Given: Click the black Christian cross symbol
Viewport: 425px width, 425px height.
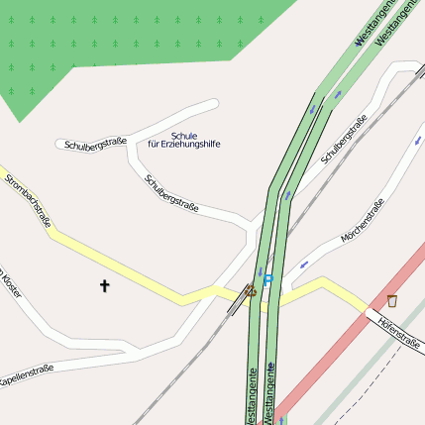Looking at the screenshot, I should pyautogui.click(x=105, y=285).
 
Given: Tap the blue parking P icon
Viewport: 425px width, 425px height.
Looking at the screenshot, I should pyautogui.click(x=267, y=281).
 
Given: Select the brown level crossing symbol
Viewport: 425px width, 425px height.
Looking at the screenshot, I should pyautogui.click(x=251, y=291).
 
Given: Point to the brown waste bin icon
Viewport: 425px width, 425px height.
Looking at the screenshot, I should pyautogui.click(x=392, y=300).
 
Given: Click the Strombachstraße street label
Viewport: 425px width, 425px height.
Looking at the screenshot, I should pyautogui.click(x=28, y=201).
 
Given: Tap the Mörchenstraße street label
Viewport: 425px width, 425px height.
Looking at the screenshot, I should pyautogui.click(x=362, y=223).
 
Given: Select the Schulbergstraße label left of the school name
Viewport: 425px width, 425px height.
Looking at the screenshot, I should pyautogui.click(x=95, y=144).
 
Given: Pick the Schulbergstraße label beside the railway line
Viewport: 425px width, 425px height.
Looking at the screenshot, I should pyautogui.click(x=344, y=139).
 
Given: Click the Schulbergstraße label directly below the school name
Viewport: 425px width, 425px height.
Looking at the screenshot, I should pyautogui.click(x=171, y=193).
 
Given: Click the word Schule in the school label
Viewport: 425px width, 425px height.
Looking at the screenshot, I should pyautogui.click(x=184, y=135).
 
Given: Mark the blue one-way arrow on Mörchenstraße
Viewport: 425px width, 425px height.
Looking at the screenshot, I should pyautogui.click(x=303, y=264).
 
